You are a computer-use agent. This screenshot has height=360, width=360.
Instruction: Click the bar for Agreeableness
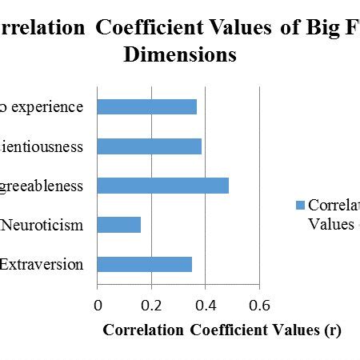pyautogui.click(x=162, y=186)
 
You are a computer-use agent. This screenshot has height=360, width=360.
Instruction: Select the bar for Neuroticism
pyautogui.click(x=118, y=225)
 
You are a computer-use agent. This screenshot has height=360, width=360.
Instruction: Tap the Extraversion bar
pyautogui.click(x=144, y=264)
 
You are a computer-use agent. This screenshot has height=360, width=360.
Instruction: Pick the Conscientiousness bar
pyautogui.click(x=149, y=146)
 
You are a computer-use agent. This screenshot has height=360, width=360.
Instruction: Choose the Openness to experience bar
pyautogui.click(x=146, y=107)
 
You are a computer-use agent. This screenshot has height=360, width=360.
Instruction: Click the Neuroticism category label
pyautogui.click(x=42, y=225)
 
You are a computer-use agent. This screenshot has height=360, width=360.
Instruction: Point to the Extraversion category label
pyautogui.click(x=41, y=264)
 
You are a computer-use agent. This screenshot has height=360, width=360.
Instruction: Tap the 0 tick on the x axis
pyautogui.click(x=98, y=304)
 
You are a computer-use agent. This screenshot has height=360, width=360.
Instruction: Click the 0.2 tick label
pyautogui.click(x=150, y=304)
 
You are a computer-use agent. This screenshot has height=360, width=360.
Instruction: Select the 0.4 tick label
pyautogui.click(x=205, y=304)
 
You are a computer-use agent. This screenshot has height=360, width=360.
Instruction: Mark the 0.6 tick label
pyautogui.click(x=258, y=304)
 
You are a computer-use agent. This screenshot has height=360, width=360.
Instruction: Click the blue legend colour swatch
pyautogui.click(x=300, y=205)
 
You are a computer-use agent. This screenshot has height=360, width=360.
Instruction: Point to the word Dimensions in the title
pyautogui.click(x=179, y=54)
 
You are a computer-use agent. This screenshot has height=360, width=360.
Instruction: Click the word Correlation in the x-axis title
pyautogui.click(x=136, y=330)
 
